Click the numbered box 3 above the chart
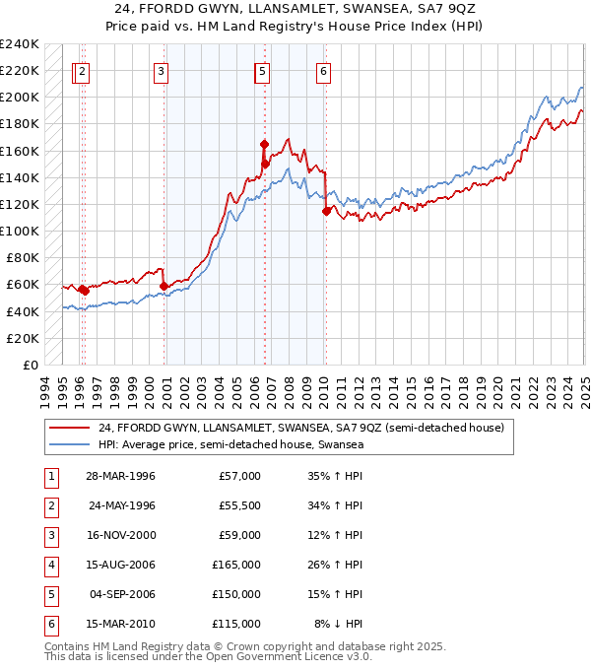coord(161,71)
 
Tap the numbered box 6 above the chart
coord(323,71)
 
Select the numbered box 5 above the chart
coord(262,71)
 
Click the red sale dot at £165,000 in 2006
coord(264,144)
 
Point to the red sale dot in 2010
coord(326,210)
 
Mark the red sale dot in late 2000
coord(164,286)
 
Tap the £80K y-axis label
coord(23,258)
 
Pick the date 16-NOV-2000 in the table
coord(122,535)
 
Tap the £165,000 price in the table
coord(236,565)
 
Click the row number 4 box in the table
coord(49,565)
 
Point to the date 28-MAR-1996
coord(122,476)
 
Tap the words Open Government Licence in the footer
coord(291,657)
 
